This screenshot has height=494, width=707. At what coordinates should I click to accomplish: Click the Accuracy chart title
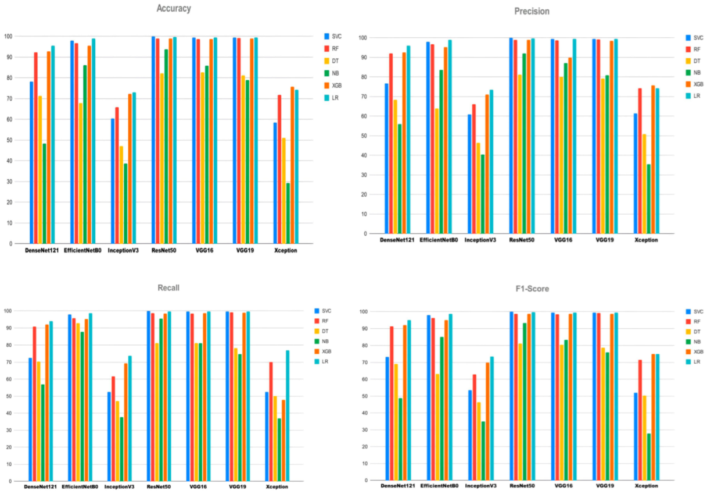(173, 9)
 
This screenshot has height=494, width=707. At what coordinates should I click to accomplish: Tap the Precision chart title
(532, 11)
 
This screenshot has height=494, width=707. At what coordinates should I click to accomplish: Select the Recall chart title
(168, 288)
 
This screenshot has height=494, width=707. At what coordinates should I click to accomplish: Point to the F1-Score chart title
(532, 289)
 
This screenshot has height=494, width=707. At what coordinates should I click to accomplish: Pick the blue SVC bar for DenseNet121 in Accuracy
(31, 162)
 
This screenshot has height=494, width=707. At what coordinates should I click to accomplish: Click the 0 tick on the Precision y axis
(364, 234)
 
